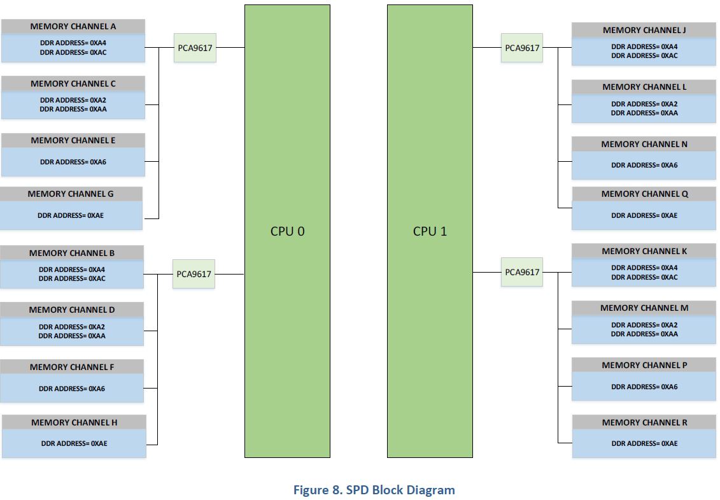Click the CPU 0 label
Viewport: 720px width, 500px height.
[287, 231]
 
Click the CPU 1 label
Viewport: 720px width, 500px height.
[430, 231]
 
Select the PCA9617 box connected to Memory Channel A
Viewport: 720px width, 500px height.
[195, 48]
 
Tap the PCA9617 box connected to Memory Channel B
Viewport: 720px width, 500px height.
[194, 274]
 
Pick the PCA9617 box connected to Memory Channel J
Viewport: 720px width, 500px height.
[522, 48]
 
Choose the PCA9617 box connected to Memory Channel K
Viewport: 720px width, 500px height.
[522, 272]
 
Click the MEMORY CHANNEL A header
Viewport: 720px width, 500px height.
[73, 27]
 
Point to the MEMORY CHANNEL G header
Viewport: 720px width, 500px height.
[71, 194]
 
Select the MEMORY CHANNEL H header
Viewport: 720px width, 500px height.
[74, 422]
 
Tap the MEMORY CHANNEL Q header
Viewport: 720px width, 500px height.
[644, 194]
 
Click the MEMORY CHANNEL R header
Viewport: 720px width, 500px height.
[644, 422]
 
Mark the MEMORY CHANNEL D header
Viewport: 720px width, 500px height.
[72, 310]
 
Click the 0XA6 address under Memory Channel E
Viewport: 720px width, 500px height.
[73, 162]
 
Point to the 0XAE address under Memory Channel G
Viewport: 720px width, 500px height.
[71, 215]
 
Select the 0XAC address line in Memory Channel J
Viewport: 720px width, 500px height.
[644, 55]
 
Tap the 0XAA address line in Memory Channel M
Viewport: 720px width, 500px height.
[644, 334]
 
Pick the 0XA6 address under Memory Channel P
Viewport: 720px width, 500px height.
[644, 387]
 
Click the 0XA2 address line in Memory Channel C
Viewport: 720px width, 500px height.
[73, 100]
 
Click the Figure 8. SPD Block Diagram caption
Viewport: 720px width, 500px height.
[374, 490]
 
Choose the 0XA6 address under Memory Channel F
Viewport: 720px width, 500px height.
[72, 389]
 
